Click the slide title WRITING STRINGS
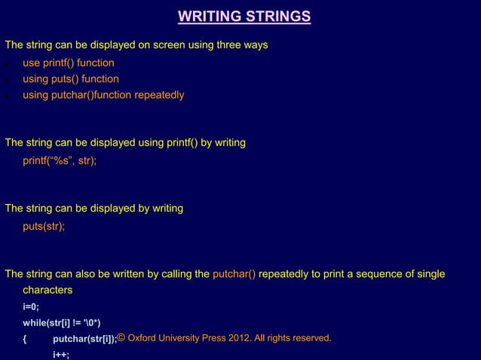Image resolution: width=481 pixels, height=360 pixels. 244,17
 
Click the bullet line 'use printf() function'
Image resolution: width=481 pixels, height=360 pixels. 68,63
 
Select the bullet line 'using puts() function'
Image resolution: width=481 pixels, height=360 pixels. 70,78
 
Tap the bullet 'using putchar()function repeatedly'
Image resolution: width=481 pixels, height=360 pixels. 103,95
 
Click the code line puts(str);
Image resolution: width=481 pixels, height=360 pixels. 44,225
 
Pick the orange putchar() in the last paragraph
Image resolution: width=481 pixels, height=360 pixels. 234,273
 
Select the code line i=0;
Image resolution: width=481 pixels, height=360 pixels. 32,307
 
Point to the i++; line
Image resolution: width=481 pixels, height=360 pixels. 60,355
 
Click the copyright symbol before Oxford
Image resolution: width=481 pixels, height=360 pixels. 122,337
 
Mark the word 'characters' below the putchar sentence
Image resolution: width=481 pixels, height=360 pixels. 47,290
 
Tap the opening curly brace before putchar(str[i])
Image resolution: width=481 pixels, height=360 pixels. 26,339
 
